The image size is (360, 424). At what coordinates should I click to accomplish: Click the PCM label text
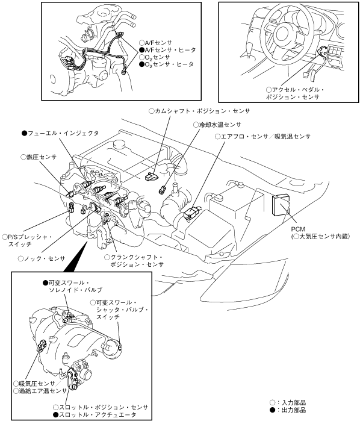point(298,229)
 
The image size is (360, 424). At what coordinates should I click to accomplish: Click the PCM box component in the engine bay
point(281,205)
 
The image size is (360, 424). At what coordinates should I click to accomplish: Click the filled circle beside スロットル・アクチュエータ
point(56,414)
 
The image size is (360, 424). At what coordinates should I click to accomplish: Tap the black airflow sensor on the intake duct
point(191,213)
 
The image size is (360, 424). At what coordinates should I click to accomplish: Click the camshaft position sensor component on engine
point(152,176)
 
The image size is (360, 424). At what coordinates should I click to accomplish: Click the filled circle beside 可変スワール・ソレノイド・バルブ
point(45,283)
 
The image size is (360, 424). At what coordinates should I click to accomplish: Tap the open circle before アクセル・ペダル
point(268,90)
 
